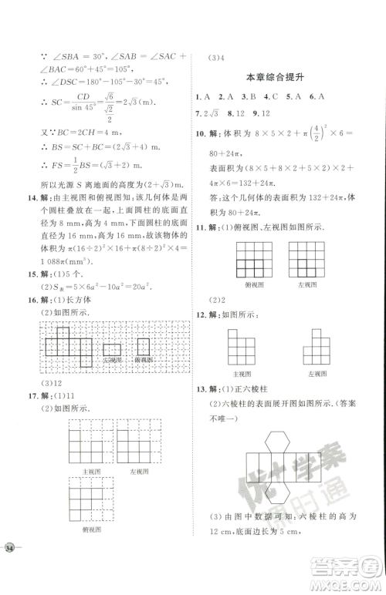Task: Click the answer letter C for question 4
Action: point(268,97)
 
